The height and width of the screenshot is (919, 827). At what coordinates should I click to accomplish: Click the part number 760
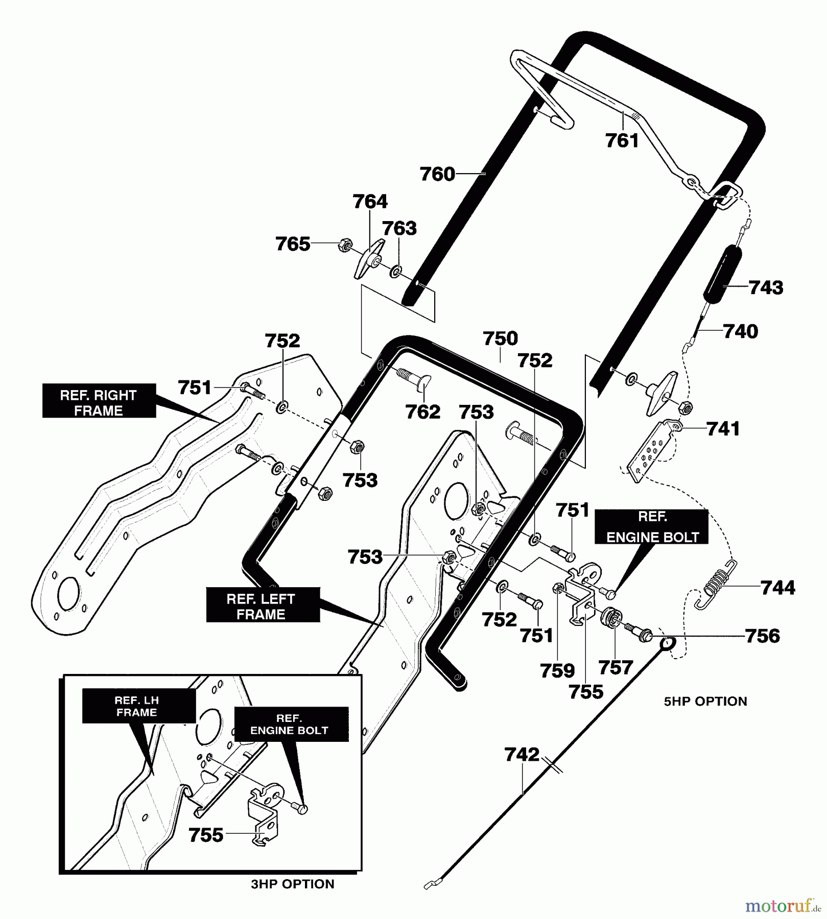(x=437, y=174)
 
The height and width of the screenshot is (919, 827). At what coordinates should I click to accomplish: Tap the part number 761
(x=622, y=140)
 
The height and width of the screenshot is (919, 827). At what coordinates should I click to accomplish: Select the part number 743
(x=766, y=288)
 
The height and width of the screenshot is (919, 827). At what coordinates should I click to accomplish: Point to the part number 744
(x=778, y=588)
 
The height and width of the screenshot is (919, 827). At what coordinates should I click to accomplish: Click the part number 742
(x=522, y=755)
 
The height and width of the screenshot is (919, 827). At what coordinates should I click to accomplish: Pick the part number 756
(x=763, y=636)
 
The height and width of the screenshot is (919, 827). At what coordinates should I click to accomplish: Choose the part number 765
(x=293, y=244)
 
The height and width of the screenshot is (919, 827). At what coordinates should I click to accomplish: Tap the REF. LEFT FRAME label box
(x=263, y=605)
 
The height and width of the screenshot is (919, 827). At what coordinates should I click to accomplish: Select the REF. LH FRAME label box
(x=139, y=706)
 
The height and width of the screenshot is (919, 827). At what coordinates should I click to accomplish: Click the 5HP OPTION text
(x=705, y=702)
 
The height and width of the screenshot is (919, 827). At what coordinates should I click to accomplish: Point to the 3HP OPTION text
(x=293, y=884)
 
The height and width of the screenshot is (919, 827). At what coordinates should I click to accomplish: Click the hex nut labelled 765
(x=344, y=246)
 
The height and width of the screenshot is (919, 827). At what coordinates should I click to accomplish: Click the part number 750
(x=500, y=338)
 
